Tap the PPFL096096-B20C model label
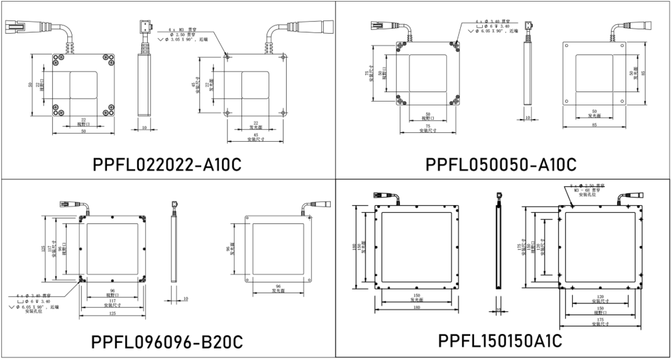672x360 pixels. pyautogui.click(x=168, y=342)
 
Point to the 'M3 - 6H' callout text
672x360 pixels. pyautogui.click(x=585, y=190)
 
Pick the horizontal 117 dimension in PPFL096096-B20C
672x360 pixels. pyautogui.click(x=112, y=301)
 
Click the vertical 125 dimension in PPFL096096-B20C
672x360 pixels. pyautogui.click(x=44, y=248)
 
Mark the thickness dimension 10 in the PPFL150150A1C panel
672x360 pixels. pyautogui.click(x=498, y=309)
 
